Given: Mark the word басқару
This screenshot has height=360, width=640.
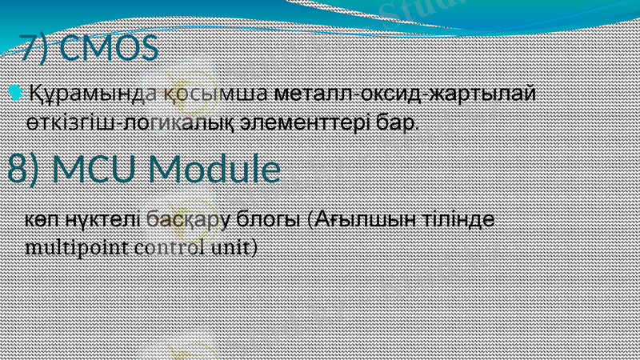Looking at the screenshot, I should [x=190, y=218].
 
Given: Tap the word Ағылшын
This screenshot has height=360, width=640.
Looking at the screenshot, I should [x=368, y=218].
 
